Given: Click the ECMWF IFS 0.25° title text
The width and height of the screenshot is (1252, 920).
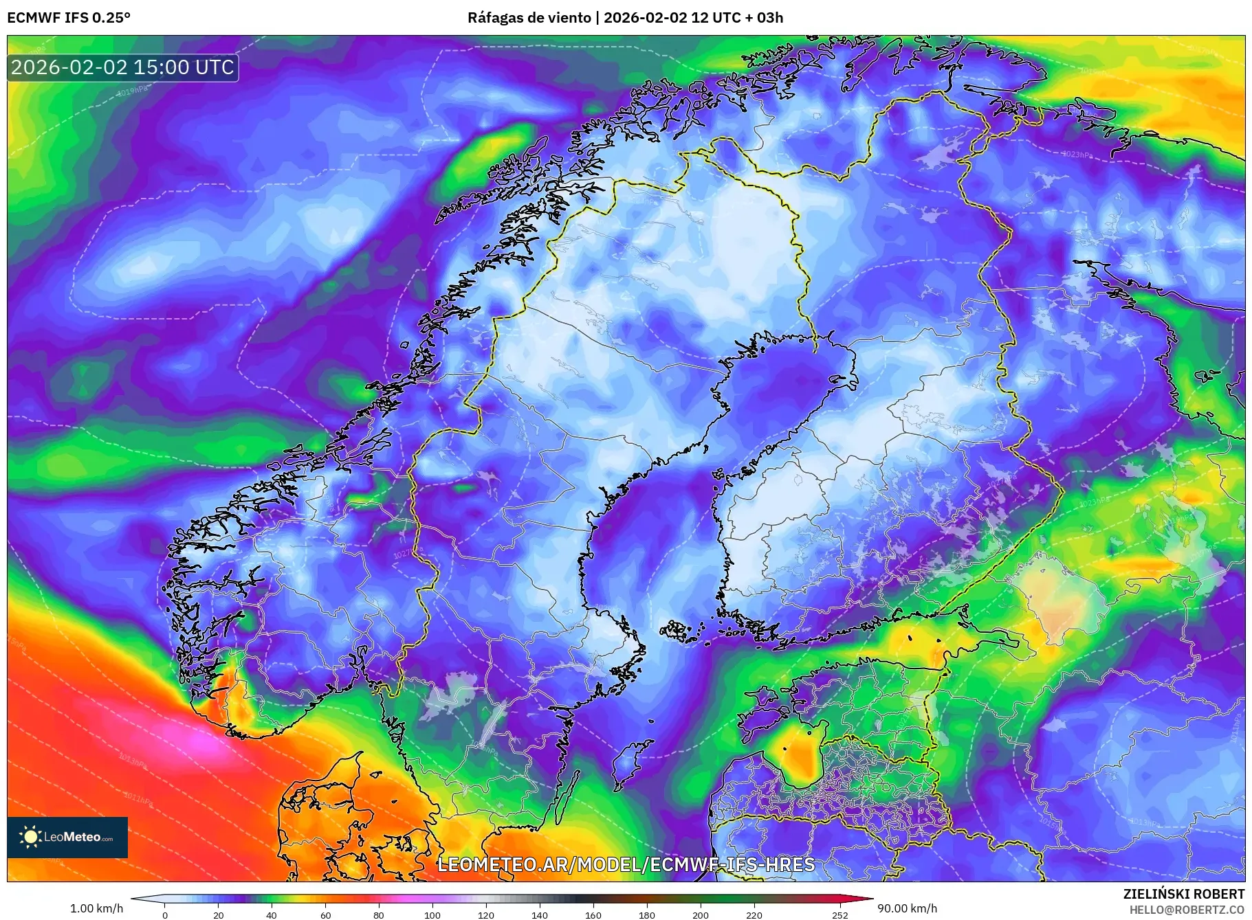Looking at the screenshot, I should coord(68,18).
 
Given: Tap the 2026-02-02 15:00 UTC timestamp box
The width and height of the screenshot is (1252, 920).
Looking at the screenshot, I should coord(123,67).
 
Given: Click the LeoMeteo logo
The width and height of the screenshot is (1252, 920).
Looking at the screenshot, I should coord(67,837).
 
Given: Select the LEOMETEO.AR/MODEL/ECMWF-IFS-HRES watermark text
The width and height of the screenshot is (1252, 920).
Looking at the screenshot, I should coord(626,864).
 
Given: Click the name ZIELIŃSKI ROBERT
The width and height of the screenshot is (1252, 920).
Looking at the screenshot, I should coord(1183,894).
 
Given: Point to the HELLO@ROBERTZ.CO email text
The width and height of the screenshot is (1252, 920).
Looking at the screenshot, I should coord(1187,910).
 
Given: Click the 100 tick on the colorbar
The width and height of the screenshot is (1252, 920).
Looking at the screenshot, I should coord(432,915).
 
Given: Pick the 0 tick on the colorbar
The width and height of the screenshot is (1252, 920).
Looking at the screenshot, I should coord(164,915).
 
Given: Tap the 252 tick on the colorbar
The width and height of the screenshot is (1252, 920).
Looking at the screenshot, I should coord(840,915).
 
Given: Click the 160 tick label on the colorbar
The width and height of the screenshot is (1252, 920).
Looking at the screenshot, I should coord(593,915).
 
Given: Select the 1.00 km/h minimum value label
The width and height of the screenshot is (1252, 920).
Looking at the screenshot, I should coord(96,908).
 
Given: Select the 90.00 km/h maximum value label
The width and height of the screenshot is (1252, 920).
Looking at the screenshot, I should coord(907,908).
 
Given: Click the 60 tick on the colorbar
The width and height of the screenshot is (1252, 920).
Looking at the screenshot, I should coord(325,915).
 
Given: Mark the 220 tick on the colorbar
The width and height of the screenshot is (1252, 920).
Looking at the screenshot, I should coord(754,915).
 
